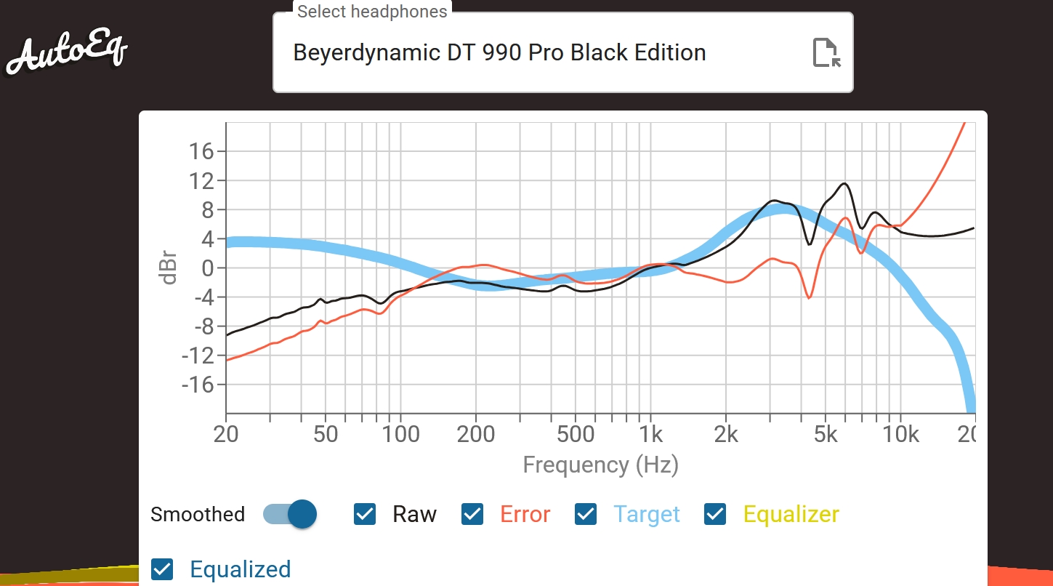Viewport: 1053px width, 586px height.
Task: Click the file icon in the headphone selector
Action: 826,53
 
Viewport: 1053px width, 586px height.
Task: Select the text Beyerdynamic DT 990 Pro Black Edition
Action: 499,53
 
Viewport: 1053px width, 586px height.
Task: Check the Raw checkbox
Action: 365,514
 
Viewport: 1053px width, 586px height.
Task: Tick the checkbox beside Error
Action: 472,514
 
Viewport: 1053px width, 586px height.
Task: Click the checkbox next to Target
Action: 586,514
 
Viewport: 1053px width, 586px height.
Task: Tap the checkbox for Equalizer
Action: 715,514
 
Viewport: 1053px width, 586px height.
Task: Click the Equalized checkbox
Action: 162,569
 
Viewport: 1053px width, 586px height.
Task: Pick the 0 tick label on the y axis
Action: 208,268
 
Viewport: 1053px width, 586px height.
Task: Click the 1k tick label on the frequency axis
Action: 651,435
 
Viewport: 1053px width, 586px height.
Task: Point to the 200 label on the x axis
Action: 476,435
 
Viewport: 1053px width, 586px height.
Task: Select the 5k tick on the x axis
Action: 826,435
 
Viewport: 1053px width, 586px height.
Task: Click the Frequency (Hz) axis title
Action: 600,465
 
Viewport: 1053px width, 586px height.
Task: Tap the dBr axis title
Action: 169,268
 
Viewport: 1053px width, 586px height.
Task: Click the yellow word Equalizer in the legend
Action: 791,514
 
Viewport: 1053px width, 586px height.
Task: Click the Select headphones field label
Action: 372,12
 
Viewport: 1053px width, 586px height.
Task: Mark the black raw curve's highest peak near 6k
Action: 844,183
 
